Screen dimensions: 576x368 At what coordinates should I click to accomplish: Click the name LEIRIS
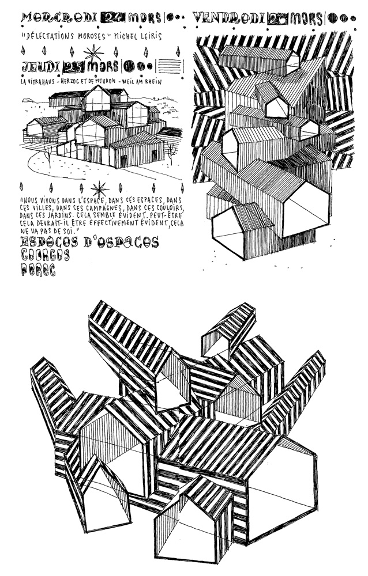tap(147, 37)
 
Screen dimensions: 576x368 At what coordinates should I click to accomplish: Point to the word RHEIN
tap(151, 82)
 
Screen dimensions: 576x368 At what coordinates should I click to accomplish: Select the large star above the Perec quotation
tap(102, 188)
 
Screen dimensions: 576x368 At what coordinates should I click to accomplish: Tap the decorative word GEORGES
tap(45, 256)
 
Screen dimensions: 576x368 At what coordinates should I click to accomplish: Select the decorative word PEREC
tap(38, 270)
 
